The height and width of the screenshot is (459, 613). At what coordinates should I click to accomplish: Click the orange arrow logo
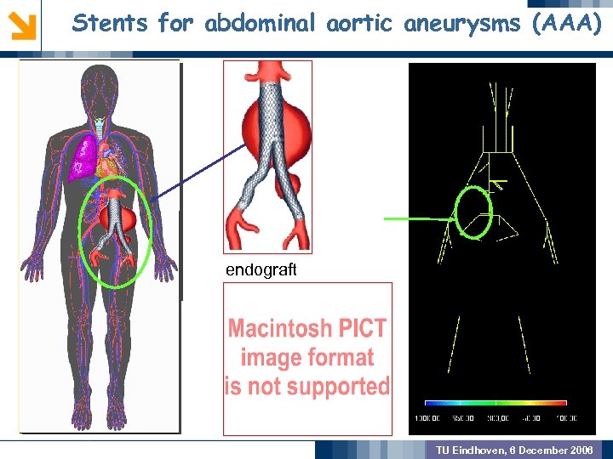click(22, 24)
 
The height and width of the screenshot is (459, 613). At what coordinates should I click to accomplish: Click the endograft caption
click(261, 269)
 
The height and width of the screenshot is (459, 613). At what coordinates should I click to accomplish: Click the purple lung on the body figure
click(84, 157)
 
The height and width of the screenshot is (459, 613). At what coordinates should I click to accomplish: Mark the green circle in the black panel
click(474, 212)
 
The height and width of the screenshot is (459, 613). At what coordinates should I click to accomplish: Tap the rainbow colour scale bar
click(496, 402)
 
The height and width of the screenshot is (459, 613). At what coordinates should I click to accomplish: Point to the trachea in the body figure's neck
click(100, 127)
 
